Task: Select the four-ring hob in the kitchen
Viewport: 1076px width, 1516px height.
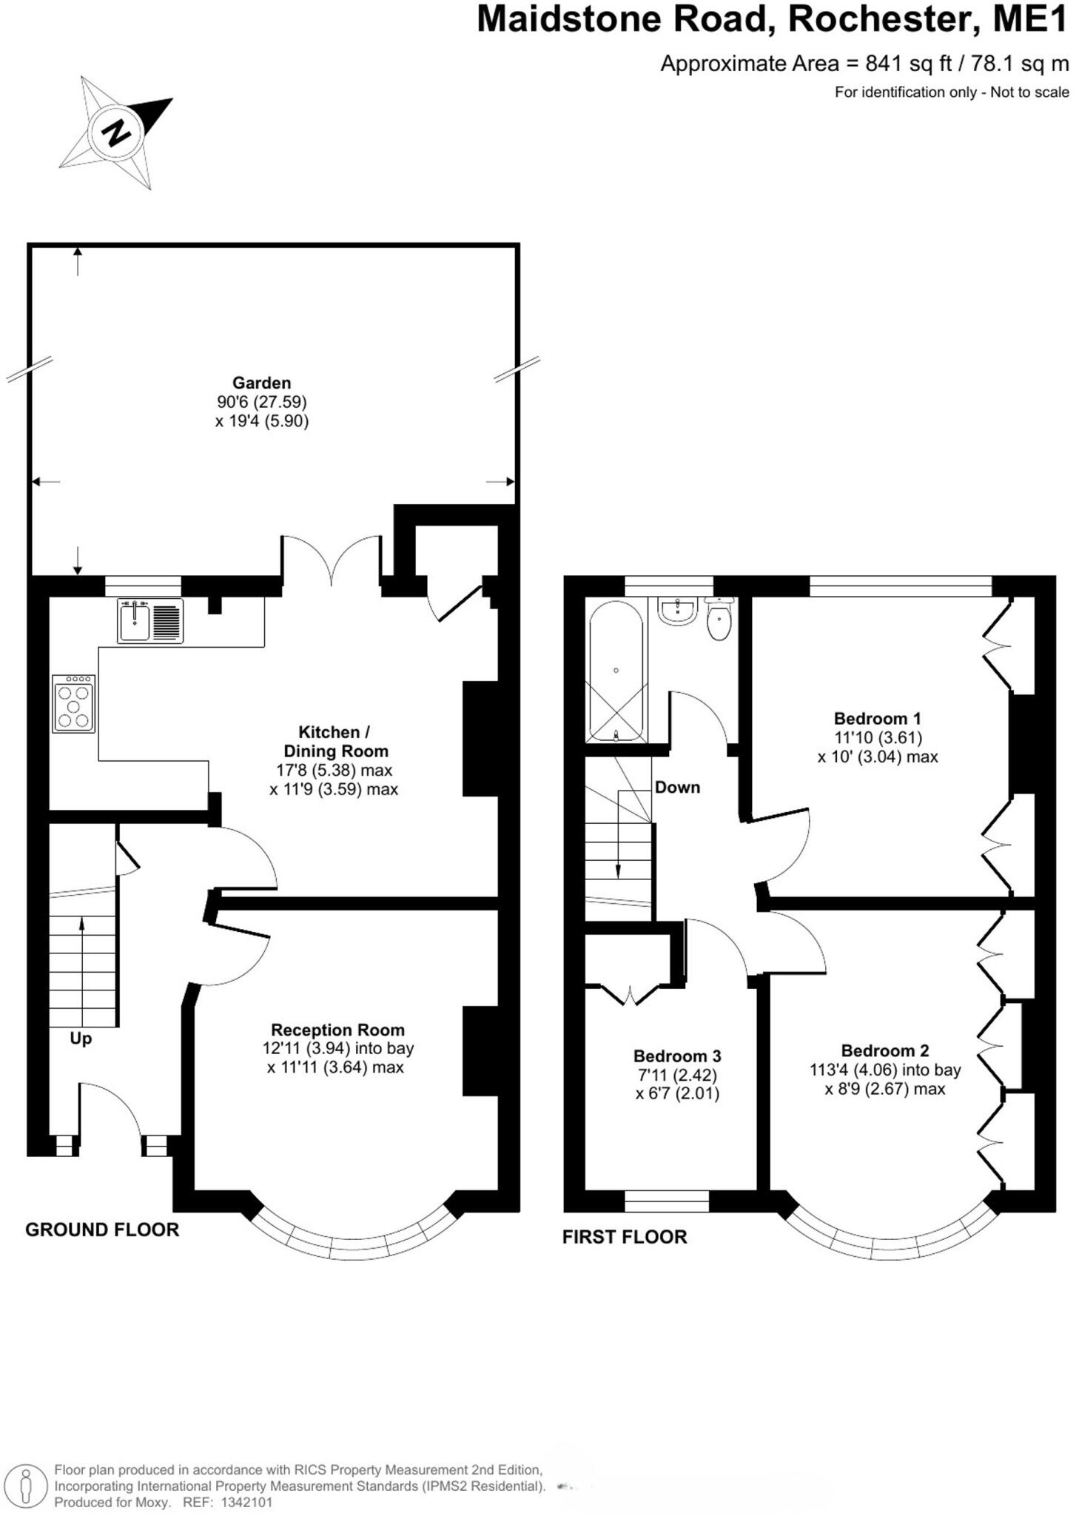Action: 74,704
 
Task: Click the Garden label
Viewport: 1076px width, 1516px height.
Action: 261,383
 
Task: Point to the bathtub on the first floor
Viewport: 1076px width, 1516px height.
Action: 616,670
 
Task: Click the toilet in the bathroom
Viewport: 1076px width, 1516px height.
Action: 719,621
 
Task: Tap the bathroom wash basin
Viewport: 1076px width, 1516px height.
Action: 678,612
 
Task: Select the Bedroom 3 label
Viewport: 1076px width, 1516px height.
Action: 676,1056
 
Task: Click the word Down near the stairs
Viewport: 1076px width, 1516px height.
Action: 677,787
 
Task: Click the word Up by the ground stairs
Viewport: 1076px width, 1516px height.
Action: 81,1039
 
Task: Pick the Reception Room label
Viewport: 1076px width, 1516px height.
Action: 337,1030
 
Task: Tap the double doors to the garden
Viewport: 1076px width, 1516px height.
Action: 332,560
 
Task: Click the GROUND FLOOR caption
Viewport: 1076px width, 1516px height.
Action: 102,1230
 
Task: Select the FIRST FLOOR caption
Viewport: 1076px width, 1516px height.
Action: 625,1237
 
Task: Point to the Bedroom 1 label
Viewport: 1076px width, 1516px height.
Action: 877,718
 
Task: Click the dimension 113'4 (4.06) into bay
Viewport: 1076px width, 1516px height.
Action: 885,1070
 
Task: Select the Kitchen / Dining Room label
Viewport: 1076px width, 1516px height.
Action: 334,742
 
